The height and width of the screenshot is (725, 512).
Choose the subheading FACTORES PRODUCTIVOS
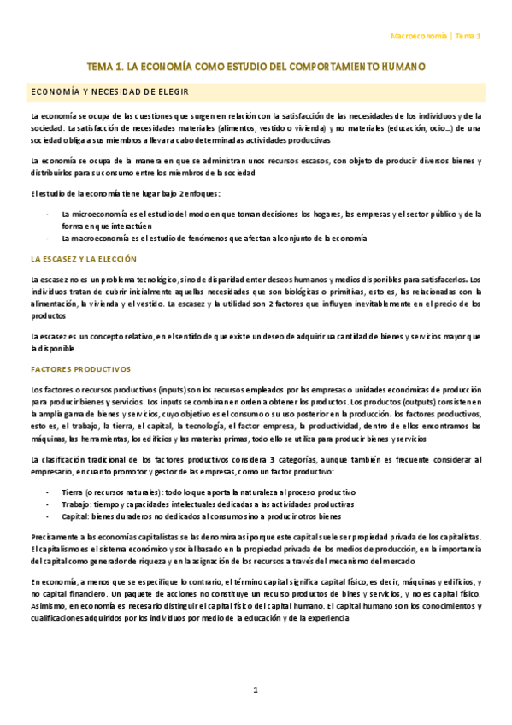pos(79,369)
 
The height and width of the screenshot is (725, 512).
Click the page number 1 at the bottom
pos(255,690)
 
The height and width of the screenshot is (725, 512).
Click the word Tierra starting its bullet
pos(73,493)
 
